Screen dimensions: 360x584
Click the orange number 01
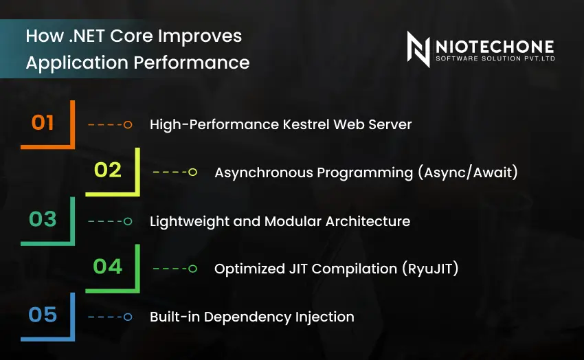pos(43,123)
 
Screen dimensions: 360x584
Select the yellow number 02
pos(107,170)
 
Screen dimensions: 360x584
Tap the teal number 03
pos(43,220)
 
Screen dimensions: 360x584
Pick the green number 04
pos(107,267)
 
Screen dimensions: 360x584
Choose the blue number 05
pos(43,315)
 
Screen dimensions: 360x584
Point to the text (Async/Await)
pos(467,172)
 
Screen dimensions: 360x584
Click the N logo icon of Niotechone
pos(418,49)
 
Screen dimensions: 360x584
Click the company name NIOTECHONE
pos(494,46)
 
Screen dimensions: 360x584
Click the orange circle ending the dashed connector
pos(127,124)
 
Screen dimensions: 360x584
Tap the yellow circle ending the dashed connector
pos(192,172)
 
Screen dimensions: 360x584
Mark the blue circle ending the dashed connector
pos(127,317)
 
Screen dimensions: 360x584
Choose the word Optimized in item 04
pos(245,269)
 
